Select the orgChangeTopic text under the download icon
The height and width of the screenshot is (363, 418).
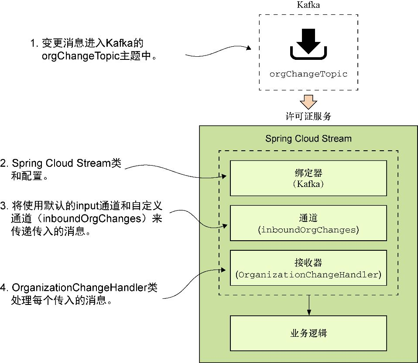[308, 74]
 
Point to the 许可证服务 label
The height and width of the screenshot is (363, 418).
[308, 116]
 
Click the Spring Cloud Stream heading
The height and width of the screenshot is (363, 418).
[308, 139]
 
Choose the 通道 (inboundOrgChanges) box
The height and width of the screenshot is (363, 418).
[308, 223]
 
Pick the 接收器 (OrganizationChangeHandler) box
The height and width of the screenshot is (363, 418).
[308, 268]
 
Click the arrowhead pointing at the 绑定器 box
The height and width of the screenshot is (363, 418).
[224, 176]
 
